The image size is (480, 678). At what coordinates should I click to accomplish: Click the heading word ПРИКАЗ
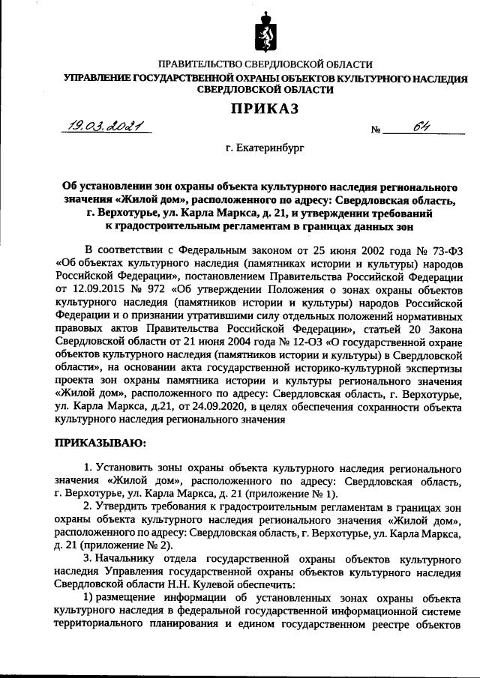click(x=263, y=109)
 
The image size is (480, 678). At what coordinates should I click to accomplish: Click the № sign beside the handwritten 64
click(x=377, y=130)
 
